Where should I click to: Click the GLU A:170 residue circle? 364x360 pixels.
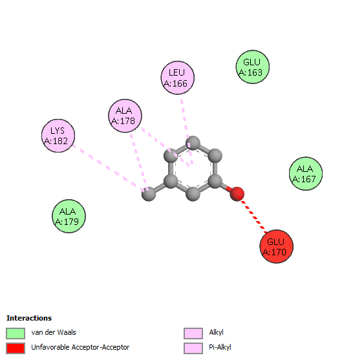coord(276,246)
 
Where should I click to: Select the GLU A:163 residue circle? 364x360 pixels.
coord(253,67)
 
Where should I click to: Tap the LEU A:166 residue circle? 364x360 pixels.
coord(178,78)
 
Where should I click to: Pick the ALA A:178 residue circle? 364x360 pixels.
coord(125,116)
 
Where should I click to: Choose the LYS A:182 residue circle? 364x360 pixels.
coord(58,136)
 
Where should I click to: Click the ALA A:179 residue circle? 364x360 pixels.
coord(69,217)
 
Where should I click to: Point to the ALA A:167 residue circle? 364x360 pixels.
coord(306,174)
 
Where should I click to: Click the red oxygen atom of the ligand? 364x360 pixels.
coord(237,194)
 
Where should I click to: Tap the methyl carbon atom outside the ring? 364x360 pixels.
coord(149,194)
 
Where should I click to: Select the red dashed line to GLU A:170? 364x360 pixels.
coord(253,215)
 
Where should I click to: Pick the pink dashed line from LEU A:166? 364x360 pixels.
coord(186,132)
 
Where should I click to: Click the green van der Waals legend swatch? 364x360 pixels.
coord(16,334)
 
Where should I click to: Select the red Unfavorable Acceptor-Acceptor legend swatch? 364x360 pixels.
coord(16,348)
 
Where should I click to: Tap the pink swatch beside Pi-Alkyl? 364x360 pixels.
coord(193,348)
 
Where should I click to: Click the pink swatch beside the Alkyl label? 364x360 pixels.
coord(193,334)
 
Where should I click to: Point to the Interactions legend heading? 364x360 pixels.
coord(29,318)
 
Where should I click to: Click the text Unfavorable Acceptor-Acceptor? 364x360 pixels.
coord(80,347)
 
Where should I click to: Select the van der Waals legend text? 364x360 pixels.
coord(54,332)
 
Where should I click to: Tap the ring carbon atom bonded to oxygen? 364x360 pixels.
coord(215,181)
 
